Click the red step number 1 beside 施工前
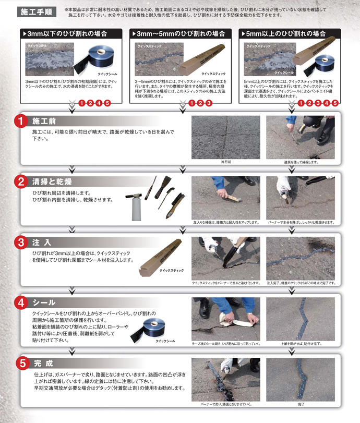click(x=21, y=121)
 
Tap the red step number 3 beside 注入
click(x=21, y=242)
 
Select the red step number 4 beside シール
click(x=21, y=303)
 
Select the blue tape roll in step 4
click(x=160, y=325)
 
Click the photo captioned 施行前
click(x=225, y=137)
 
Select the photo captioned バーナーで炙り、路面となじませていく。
click(x=225, y=379)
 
